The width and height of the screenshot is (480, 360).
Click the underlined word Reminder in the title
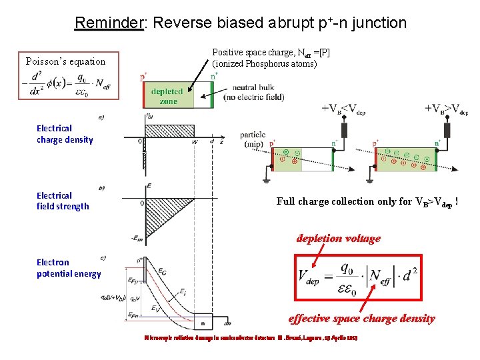click(109, 23)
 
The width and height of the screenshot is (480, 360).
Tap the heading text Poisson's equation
click(65, 61)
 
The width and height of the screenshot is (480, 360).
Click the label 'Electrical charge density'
click(65, 134)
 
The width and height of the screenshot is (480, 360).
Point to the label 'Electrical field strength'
click(63, 201)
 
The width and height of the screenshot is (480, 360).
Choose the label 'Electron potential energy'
click(69, 268)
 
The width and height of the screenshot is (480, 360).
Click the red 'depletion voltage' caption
click(338, 239)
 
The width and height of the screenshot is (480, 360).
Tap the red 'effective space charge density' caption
click(361, 319)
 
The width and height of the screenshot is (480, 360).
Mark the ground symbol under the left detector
click(266, 179)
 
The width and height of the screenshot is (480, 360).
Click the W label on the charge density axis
click(194, 141)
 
